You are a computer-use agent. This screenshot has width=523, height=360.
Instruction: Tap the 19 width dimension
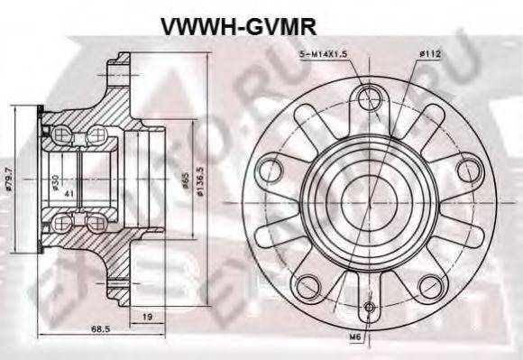point(148,317)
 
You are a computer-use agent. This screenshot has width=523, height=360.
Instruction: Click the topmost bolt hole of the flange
point(369,97)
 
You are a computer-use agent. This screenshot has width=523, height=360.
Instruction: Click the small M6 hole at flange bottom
point(369,307)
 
